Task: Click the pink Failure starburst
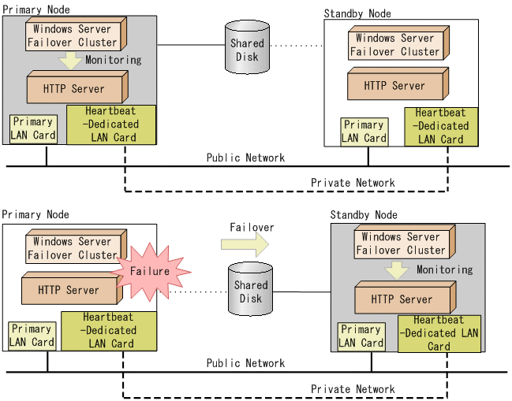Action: click(x=151, y=271)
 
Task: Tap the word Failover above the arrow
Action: click(x=252, y=227)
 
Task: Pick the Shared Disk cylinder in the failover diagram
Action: click(x=251, y=291)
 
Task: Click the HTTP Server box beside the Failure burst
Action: click(x=68, y=290)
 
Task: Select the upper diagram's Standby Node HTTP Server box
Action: click(x=397, y=85)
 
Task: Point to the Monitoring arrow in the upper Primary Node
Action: click(x=71, y=60)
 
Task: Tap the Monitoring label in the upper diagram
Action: click(x=113, y=60)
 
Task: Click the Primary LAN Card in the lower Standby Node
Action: click(x=361, y=336)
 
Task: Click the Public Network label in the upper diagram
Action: click(x=245, y=158)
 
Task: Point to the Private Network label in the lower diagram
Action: click(x=353, y=389)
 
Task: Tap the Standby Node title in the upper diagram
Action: click(x=357, y=13)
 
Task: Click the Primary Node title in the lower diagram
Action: click(x=36, y=214)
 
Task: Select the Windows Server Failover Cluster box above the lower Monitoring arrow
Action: click(x=400, y=243)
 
